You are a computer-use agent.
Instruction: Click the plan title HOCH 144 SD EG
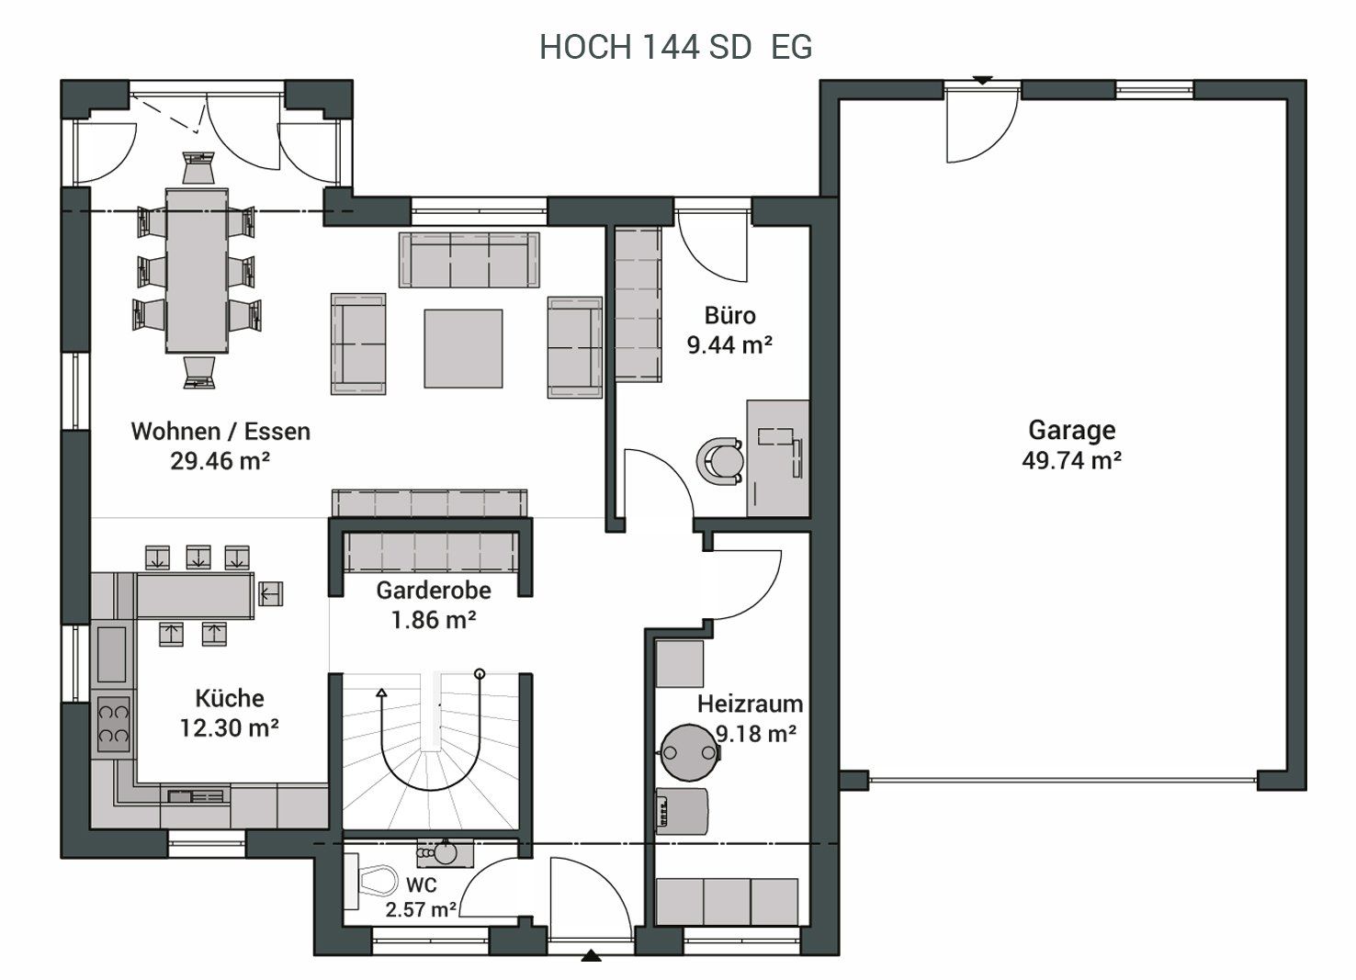675,47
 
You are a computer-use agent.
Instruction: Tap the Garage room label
1071,430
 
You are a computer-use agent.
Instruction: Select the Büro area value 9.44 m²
729,345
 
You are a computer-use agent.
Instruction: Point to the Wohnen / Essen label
220,432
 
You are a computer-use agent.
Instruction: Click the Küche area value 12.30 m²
230,727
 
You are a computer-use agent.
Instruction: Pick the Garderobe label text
434,591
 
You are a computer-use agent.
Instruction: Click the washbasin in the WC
445,853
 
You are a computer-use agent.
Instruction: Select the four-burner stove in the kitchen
113,724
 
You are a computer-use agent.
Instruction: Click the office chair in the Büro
719,461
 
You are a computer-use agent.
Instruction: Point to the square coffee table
463,349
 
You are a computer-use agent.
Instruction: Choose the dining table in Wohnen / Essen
197,271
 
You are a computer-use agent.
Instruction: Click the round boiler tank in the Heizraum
689,753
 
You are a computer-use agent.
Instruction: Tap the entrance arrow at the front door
591,956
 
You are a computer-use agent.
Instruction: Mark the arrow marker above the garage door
982,80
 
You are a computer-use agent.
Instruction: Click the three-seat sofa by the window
469,260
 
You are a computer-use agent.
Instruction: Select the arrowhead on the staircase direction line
381,693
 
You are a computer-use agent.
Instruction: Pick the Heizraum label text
750,704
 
